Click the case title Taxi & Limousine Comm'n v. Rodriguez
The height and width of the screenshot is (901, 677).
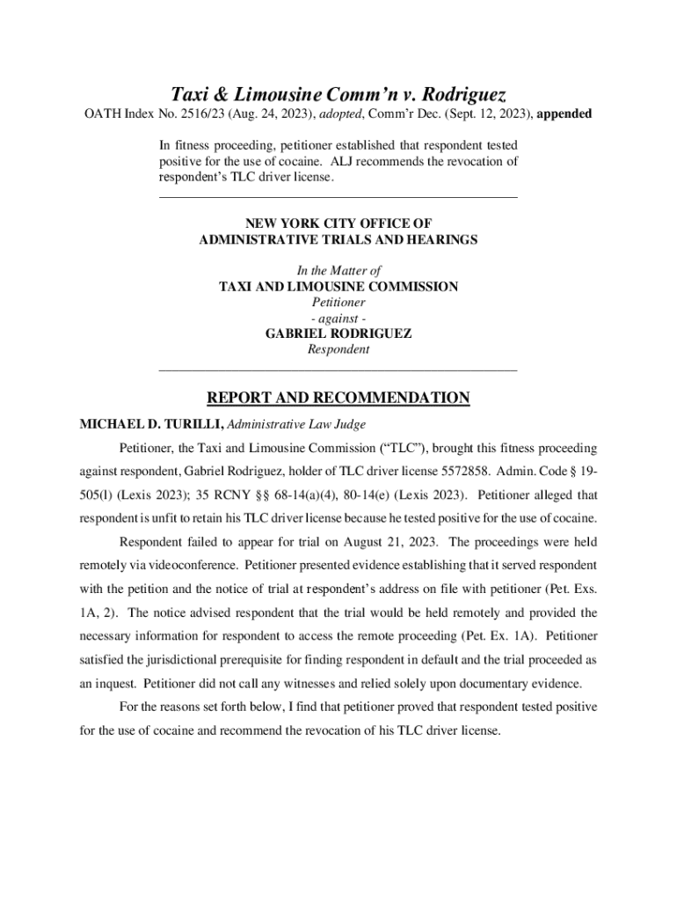click(338, 93)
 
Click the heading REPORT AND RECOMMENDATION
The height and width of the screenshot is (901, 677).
click(338, 398)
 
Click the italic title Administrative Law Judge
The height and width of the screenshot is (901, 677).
click(296, 424)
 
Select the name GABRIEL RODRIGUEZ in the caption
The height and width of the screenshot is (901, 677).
click(338, 333)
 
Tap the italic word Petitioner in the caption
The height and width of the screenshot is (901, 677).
click(338, 302)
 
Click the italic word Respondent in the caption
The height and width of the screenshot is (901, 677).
click(338, 349)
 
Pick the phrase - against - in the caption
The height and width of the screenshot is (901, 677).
click(338, 318)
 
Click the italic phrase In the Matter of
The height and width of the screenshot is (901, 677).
click(338, 271)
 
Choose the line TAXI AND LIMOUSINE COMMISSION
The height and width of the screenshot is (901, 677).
click(338, 287)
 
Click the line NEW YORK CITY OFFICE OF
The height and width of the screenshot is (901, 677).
click(338, 223)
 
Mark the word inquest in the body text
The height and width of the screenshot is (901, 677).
click(113, 684)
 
